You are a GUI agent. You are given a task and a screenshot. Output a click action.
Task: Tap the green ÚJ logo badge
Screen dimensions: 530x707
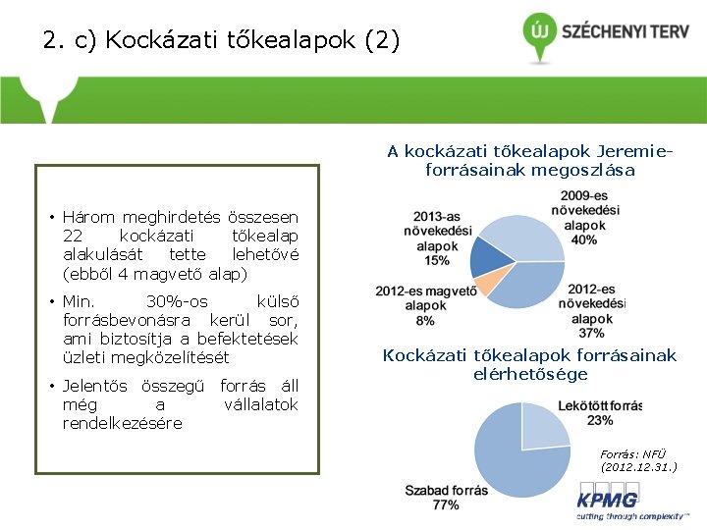pyautogui.click(x=539, y=30)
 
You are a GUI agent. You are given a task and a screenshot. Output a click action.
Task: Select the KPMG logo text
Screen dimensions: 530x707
pyautogui.click(x=606, y=503)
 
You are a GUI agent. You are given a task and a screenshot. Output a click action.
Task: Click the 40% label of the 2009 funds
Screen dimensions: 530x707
pyautogui.click(x=583, y=239)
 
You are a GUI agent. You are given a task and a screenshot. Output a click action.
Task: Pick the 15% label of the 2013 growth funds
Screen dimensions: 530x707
pyautogui.click(x=437, y=261)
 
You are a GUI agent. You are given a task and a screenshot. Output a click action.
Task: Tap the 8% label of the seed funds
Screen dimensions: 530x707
pyautogui.click(x=425, y=321)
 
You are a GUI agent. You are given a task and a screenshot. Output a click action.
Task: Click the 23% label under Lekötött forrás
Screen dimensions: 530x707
pyautogui.click(x=600, y=421)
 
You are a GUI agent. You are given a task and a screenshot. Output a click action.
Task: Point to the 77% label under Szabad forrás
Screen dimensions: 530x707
pyautogui.click(x=445, y=504)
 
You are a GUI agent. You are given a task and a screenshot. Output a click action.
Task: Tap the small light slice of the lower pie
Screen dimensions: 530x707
pyautogui.click(x=543, y=425)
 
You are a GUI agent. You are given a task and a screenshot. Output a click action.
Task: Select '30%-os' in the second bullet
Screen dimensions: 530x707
pyautogui.click(x=176, y=301)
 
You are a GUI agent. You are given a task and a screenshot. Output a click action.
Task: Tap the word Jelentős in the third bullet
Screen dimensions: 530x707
pyautogui.click(x=98, y=386)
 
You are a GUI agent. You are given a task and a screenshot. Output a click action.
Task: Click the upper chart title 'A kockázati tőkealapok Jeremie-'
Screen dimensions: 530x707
pyautogui.click(x=530, y=151)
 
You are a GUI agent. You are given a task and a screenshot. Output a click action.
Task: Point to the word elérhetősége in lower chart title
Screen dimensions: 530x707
pyautogui.click(x=530, y=374)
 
